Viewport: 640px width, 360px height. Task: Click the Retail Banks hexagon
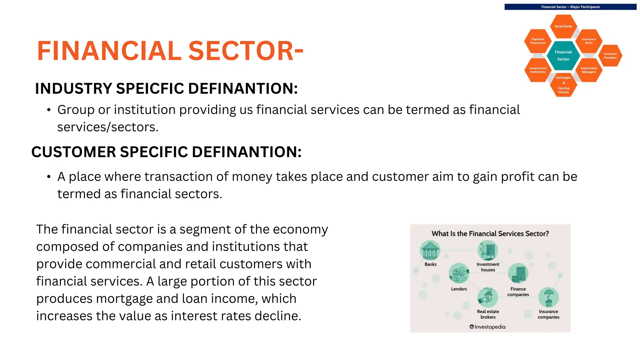point(563,26)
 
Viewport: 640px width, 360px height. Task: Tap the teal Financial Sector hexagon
point(563,56)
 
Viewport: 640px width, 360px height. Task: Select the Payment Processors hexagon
point(538,41)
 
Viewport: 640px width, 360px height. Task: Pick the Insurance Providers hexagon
point(610,56)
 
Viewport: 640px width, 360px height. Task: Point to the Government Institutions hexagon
point(538,70)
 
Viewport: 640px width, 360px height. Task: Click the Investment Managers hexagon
point(589,70)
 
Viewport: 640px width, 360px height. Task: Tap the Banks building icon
point(430,250)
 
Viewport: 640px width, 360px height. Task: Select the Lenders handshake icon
point(459,273)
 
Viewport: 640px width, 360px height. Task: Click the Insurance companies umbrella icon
point(548,297)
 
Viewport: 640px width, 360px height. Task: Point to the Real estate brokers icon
point(488,297)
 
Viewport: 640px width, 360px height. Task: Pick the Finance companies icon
point(518,273)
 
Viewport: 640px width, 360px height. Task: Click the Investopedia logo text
point(487,327)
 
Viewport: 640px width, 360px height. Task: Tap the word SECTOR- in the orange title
point(246,51)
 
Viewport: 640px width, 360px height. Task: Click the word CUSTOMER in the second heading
point(74,152)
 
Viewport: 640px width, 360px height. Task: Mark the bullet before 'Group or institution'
point(48,110)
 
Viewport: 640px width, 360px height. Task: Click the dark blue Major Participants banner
point(570,7)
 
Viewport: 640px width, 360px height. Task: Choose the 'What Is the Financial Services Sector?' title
point(490,234)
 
